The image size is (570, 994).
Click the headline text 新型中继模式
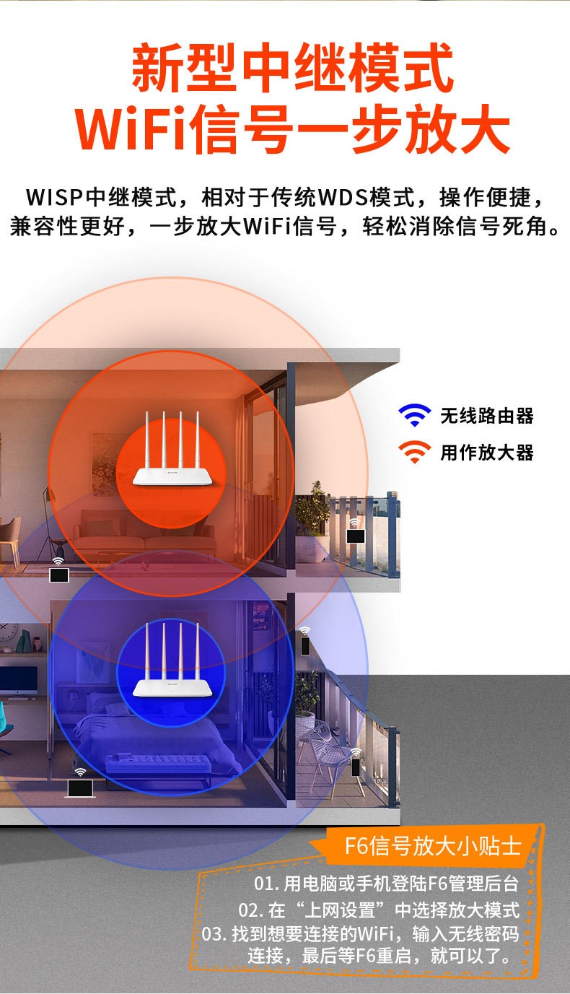tap(292, 69)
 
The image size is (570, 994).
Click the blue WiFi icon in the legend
tap(414, 415)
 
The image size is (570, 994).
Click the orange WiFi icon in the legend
tap(414, 452)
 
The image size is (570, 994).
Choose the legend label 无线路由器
tap(487, 416)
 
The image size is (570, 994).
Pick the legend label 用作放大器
tap(487, 453)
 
